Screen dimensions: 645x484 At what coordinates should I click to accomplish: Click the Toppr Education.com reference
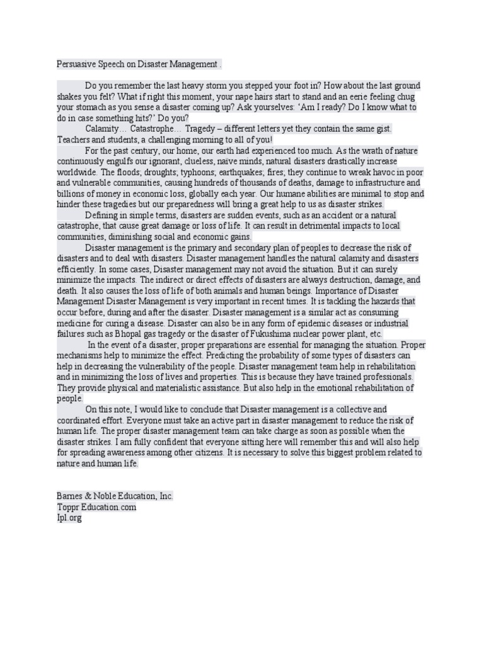[x=96, y=507]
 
